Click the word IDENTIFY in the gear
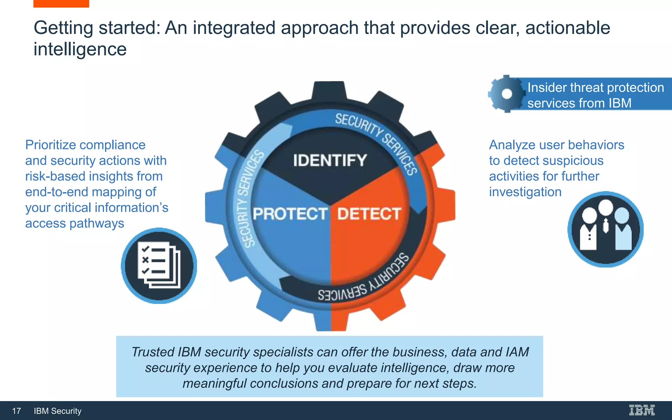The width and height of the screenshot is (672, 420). point(329,160)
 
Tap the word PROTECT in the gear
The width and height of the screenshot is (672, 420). point(290,214)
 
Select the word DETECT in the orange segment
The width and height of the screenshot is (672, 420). point(369,214)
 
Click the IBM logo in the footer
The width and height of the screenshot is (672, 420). point(641,410)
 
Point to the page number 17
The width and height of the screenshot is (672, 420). point(16,411)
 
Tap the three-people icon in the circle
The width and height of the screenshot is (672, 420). point(605,229)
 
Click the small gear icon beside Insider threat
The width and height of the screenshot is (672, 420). point(506,94)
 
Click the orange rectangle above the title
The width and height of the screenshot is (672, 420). point(61,3)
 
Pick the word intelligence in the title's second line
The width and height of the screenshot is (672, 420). point(80,49)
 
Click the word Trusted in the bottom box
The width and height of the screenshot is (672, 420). point(153,352)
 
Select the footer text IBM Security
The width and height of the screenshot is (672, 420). point(57,411)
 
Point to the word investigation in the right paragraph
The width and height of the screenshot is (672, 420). point(525,192)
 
